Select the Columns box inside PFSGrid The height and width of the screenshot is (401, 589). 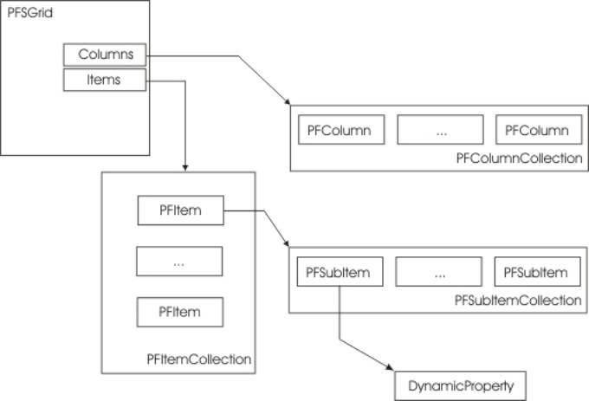(x=105, y=55)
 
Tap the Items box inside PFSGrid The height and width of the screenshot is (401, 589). (x=105, y=80)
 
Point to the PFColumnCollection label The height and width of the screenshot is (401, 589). (x=518, y=158)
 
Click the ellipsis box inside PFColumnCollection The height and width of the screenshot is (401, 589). (x=441, y=131)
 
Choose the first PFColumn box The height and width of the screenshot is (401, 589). (x=340, y=131)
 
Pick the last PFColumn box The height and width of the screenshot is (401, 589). (x=537, y=131)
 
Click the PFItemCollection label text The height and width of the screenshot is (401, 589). (x=199, y=358)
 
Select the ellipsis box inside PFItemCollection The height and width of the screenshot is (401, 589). (x=180, y=261)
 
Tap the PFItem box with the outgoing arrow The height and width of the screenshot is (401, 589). (x=180, y=210)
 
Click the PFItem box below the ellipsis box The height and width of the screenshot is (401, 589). (x=180, y=310)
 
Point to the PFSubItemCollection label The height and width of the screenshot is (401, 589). (x=517, y=301)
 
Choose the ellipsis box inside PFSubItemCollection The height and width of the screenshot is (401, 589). (x=440, y=273)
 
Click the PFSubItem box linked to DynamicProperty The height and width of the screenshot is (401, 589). (x=339, y=273)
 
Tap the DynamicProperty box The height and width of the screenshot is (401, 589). (x=460, y=383)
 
